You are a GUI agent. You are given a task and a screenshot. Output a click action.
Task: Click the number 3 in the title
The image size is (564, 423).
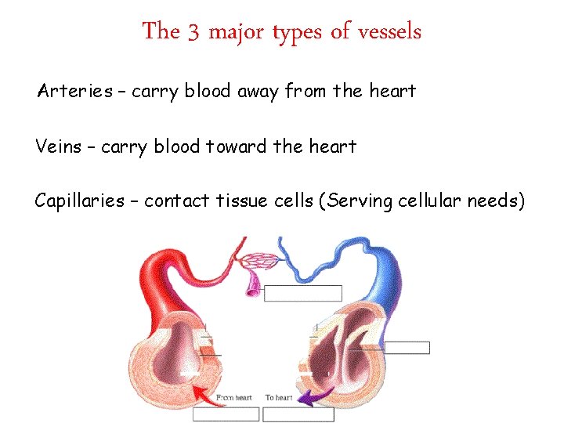(x=193, y=32)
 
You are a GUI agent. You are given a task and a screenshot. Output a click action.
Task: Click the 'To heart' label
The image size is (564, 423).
(x=279, y=398)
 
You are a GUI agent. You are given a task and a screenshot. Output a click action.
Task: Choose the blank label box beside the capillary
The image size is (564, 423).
(x=302, y=293)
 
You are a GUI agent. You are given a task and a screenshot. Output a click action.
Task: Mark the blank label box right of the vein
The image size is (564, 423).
(x=407, y=347)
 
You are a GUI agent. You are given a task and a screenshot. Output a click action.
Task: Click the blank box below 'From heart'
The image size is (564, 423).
(x=226, y=414)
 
